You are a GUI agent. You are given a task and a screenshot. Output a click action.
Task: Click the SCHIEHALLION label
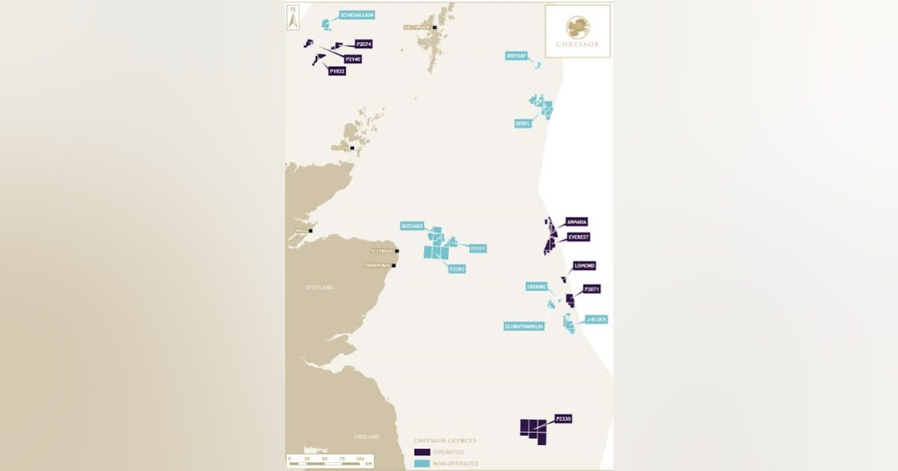click(356, 14)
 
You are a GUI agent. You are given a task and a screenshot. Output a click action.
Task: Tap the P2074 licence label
click(364, 44)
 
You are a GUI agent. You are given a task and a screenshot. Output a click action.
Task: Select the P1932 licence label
click(337, 71)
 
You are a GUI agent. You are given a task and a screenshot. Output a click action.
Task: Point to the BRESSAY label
click(516, 55)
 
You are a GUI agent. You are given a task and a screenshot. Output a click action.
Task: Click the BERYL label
click(523, 123)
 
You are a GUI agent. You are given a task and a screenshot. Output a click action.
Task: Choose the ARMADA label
click(577, 222)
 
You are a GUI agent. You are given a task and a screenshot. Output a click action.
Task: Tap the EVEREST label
click(578, 237)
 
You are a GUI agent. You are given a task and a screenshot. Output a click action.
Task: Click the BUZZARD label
click(412, 225)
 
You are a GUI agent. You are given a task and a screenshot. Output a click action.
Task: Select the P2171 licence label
click(477, 247)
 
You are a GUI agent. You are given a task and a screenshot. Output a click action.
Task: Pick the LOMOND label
click(584, 265)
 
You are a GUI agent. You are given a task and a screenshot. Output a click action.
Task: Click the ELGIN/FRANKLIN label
click(524, 326)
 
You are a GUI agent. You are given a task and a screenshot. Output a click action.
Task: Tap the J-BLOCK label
click(596, 319)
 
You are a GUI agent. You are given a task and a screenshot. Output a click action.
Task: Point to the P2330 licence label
click(563, 419)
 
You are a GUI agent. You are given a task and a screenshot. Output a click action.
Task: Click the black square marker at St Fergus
click(397, 251)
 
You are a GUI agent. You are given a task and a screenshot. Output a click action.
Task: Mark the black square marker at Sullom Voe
click(434, 28)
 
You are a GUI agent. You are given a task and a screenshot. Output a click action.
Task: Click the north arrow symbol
click(294, 17)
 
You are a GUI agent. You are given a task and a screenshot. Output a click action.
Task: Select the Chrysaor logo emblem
click(578, 26)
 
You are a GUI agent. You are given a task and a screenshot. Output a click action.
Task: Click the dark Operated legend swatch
click(422, 452)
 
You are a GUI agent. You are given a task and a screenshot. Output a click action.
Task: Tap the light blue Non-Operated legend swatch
click(422, 464)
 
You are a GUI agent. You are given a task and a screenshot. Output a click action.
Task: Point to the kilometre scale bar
click(329, 464)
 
